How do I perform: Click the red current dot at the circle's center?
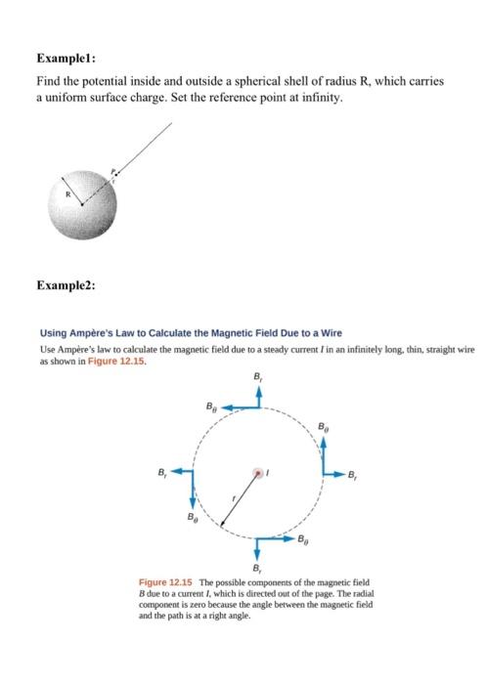point(258,473)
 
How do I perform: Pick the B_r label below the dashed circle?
point(258,569)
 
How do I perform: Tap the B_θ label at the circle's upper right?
point(324,426)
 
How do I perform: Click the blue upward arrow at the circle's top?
point(258,397)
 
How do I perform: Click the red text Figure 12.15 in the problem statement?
point(117,361)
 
